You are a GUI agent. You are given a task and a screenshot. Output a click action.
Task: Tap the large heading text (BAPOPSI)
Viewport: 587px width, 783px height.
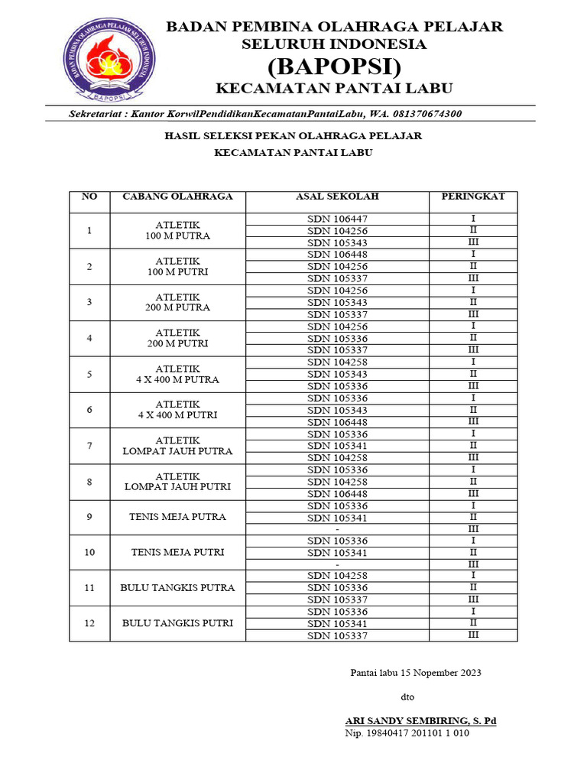pyautogui.click(x=334, y=64)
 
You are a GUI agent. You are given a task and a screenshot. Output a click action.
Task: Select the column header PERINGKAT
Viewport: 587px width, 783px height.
pyautogui.click(x=473, y=197)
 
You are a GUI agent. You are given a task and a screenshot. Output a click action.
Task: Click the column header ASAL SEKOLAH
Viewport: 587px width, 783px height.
pyautogui.click(x=337, y=197)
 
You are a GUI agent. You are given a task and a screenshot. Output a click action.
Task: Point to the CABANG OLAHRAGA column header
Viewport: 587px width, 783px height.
pyautogui.click(x=177, y=197)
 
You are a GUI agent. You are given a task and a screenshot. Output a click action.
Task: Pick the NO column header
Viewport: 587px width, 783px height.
pyautogui.click(x=89, y=197)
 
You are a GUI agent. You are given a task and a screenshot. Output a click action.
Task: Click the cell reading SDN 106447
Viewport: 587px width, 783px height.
pyautogui.click(x=337, y=219)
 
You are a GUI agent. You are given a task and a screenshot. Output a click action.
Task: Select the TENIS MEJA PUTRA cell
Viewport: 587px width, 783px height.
pyautogui.click(x=177, y=517)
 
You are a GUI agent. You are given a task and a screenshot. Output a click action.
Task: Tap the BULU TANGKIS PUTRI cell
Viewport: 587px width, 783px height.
pyautogui.click(x=177, y=623)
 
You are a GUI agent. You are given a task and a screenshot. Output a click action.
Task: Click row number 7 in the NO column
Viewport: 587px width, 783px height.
pyautogui.click(x=89, y=446)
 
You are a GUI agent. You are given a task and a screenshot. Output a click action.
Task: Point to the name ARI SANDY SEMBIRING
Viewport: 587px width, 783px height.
pyautogui.click(x=420, y=720)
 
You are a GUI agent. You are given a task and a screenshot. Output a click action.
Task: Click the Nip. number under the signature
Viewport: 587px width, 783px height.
pyautogui.click(x=407, y=733)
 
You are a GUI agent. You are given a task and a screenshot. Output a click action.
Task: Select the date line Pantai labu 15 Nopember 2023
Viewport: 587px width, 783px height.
pyautogui.click(x=416, y=673)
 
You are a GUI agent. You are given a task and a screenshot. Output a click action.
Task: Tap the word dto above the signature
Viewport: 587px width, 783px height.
pyautogui.click(x=408, y=697)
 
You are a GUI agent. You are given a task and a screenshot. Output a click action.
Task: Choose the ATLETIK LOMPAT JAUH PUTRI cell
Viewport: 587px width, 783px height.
pyautogui.click(x=177, y=481)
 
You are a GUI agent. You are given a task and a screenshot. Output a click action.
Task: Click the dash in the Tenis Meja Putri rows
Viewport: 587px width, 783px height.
pyautogui.click(x=337, y=564)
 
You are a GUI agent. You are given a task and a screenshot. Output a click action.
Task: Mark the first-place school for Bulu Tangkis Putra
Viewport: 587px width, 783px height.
pyautogui.click(x=337, y=576)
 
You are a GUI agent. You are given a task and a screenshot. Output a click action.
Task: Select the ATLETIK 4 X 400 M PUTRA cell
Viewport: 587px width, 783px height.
pyautogui.click(x=177, y=374)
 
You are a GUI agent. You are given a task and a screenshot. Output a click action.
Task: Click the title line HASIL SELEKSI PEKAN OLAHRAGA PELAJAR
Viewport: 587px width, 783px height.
pyautogui.click(x=293, y=135)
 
